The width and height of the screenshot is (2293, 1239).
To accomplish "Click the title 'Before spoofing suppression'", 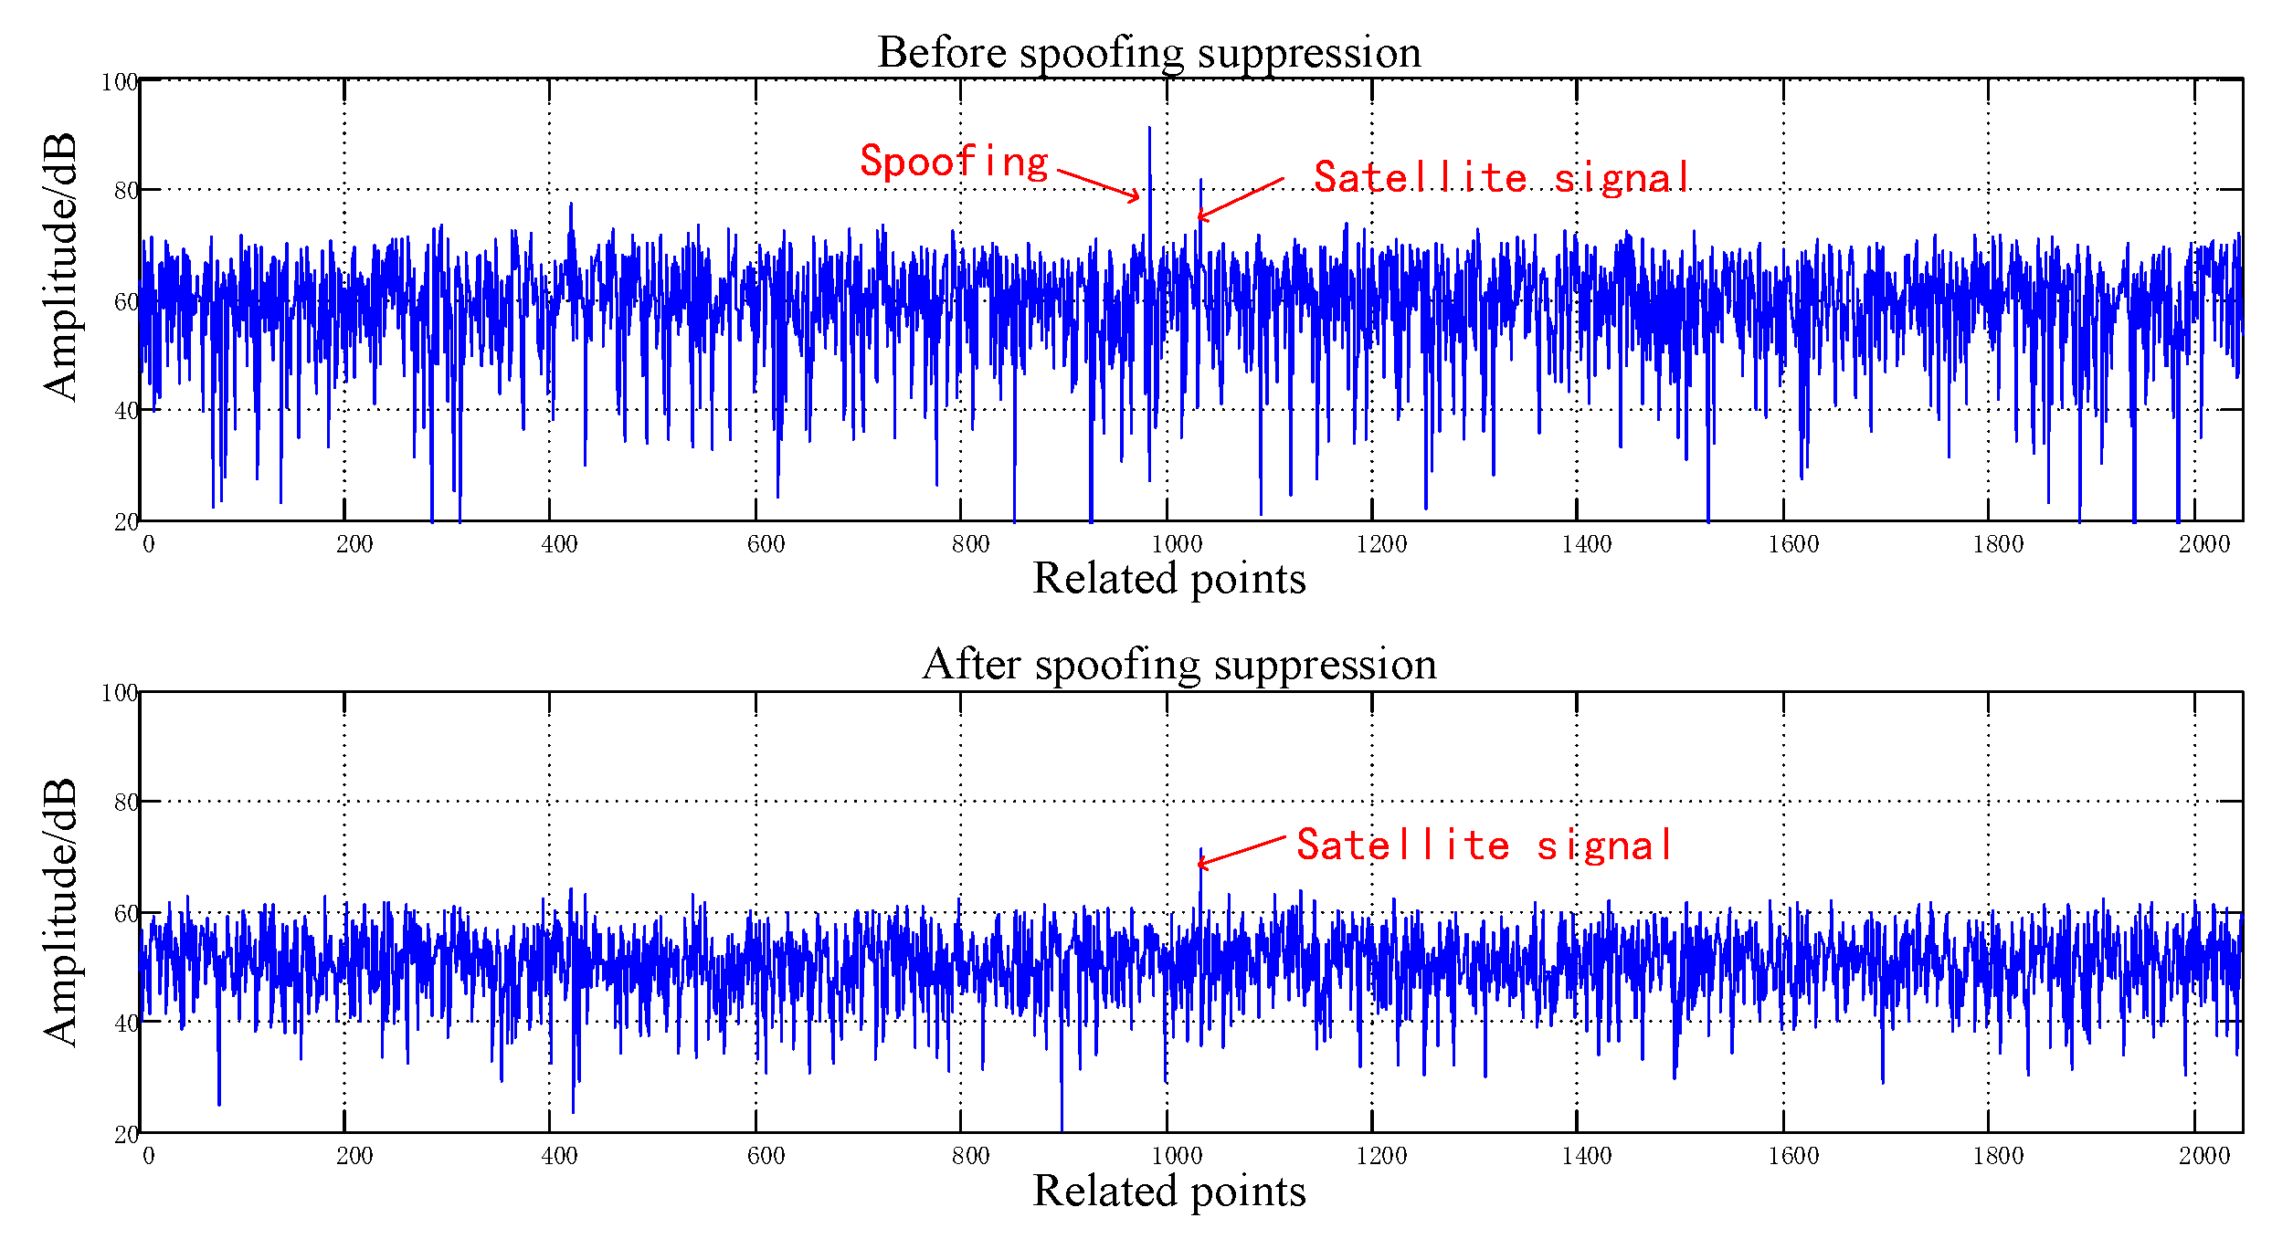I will click(1148, 53).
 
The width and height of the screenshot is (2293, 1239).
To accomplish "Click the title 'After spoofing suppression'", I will click(1178, 665).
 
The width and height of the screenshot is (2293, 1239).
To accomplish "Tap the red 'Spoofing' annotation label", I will click(954, 163).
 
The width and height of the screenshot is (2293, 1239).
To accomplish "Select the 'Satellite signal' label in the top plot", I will click(1501, 178).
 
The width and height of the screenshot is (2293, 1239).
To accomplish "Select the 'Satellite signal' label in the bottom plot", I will click(1485, 845).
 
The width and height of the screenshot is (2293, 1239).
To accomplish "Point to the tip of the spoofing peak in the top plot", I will click(1149, 129).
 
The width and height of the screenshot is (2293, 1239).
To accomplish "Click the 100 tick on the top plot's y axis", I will click(119, 83).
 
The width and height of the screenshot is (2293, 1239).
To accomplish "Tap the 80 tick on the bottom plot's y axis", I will click(126, 803).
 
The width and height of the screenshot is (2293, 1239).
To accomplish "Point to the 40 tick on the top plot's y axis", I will click(126, 412).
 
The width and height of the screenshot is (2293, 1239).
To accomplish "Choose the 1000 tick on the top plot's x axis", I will click(1176, 545).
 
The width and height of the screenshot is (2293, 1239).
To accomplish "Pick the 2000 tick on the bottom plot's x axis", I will click(2203, 1157).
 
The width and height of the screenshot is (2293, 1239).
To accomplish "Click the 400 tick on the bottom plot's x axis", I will click(559, 1157).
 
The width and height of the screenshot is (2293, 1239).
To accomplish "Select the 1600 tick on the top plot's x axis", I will click(1792, 545).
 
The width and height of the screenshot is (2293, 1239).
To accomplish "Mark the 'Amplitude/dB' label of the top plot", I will click(60, 267).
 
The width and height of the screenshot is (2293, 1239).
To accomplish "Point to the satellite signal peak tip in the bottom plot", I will click(1200, 849).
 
